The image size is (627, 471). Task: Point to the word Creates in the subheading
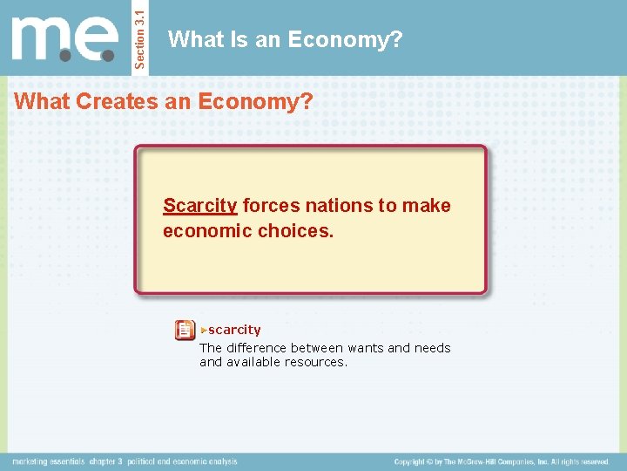[x=112, y=101]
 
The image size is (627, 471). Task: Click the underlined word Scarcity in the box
[x=199, y=206]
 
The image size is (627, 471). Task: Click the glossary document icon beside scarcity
[x=185, y=330]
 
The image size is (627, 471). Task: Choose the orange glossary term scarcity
[x=234, y=330]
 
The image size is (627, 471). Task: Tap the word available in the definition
[x=253, y=362]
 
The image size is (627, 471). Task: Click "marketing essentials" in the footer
[x=48, y=461]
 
